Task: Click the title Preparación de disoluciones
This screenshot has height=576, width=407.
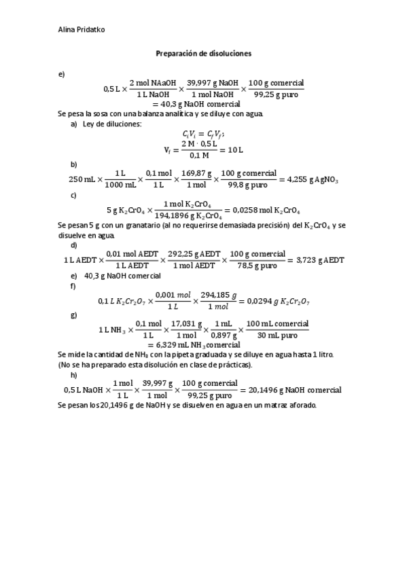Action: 204,52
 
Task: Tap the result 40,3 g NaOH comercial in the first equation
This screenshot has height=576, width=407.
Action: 193,104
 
